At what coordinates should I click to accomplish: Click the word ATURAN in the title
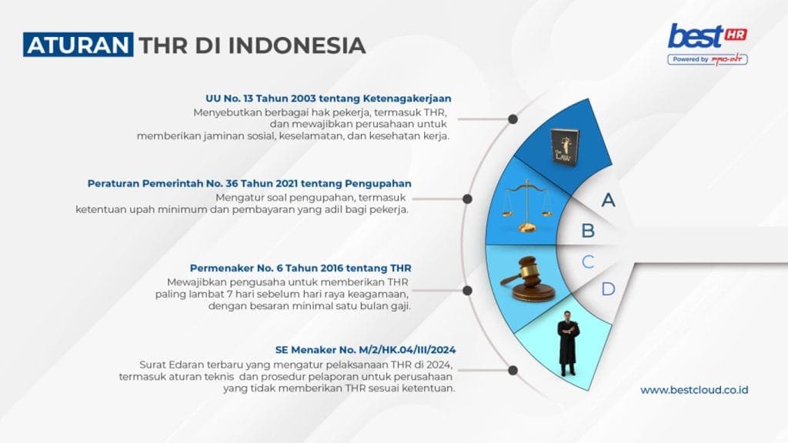coord(78,45)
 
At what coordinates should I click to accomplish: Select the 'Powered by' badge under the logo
coord(708,59)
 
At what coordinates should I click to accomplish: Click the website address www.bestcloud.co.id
coord(694,390)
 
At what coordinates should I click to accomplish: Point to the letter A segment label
coord(608,200)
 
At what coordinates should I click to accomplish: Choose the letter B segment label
coord(588,231)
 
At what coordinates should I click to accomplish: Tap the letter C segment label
coord(588,261)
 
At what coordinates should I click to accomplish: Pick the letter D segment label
coord(608,289)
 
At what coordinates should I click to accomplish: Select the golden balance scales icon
coord(526,206)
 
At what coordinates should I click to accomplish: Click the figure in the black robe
coord(568,343)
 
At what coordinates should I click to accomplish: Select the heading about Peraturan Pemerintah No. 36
coord(249,183)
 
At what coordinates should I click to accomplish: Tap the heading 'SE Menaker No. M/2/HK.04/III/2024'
coord(366,350)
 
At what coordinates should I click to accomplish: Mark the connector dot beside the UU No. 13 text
coord(513,119)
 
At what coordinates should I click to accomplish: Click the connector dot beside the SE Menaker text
coord(513,370)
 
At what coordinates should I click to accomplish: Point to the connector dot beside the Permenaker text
coord(467,290)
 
